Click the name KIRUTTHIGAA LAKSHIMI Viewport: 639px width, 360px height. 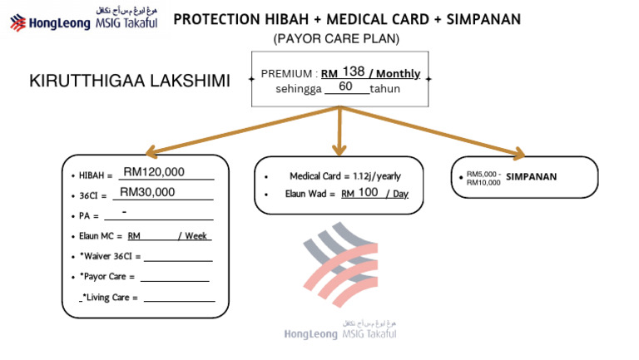[129, 81]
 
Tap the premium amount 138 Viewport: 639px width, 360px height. [354, 72]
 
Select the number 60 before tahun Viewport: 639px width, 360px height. [346, 86]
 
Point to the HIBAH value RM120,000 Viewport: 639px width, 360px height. [154, 172]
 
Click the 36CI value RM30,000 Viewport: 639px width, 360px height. [147, 192]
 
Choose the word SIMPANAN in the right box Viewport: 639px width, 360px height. [531, 177]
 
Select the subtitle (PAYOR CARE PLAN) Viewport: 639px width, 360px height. [336, 39]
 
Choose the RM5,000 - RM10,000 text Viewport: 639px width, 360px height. [483, 178]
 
